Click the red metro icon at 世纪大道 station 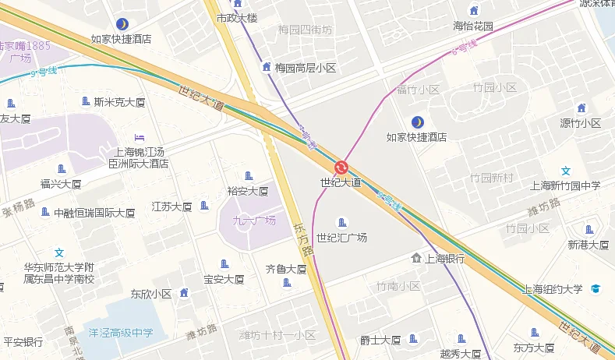coord(341,167)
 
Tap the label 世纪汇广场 coord(341,238)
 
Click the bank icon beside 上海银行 coord(416,258)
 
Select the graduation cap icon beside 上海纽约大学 coord(596,289)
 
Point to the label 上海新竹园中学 coord(565,185)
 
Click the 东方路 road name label coord(302,240)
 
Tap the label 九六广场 coord(254,221)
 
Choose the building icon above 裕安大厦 coord(249,176)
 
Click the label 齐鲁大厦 coord(286,269)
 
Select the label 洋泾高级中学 coord(121,333)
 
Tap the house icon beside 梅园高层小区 coord(267,68)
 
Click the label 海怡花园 coord(473,26)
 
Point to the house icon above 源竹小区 coord(581,108)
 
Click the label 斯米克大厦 coord(119,101)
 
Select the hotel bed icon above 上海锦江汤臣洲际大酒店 coord(139,138)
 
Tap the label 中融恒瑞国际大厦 coord(94,213)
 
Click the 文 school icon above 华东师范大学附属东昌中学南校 coord(59,252)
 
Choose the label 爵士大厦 coord(380,340)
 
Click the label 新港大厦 coord(588,245)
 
